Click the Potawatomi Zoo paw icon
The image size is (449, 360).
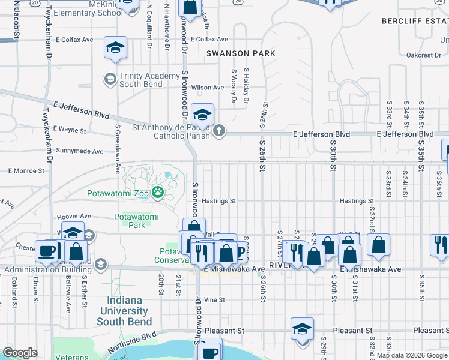tap(158, 192)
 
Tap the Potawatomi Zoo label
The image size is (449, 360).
tap(118, 193)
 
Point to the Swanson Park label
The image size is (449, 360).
tap(241, 53)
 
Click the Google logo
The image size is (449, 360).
tap(20, 353)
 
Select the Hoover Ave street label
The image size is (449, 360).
tap(73, 216)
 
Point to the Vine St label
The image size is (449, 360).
tap(214, 299)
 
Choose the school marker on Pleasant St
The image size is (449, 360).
tap(302, 329)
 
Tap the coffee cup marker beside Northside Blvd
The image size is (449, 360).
tap(209, 351)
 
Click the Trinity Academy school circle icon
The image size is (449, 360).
tap(110, 79)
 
